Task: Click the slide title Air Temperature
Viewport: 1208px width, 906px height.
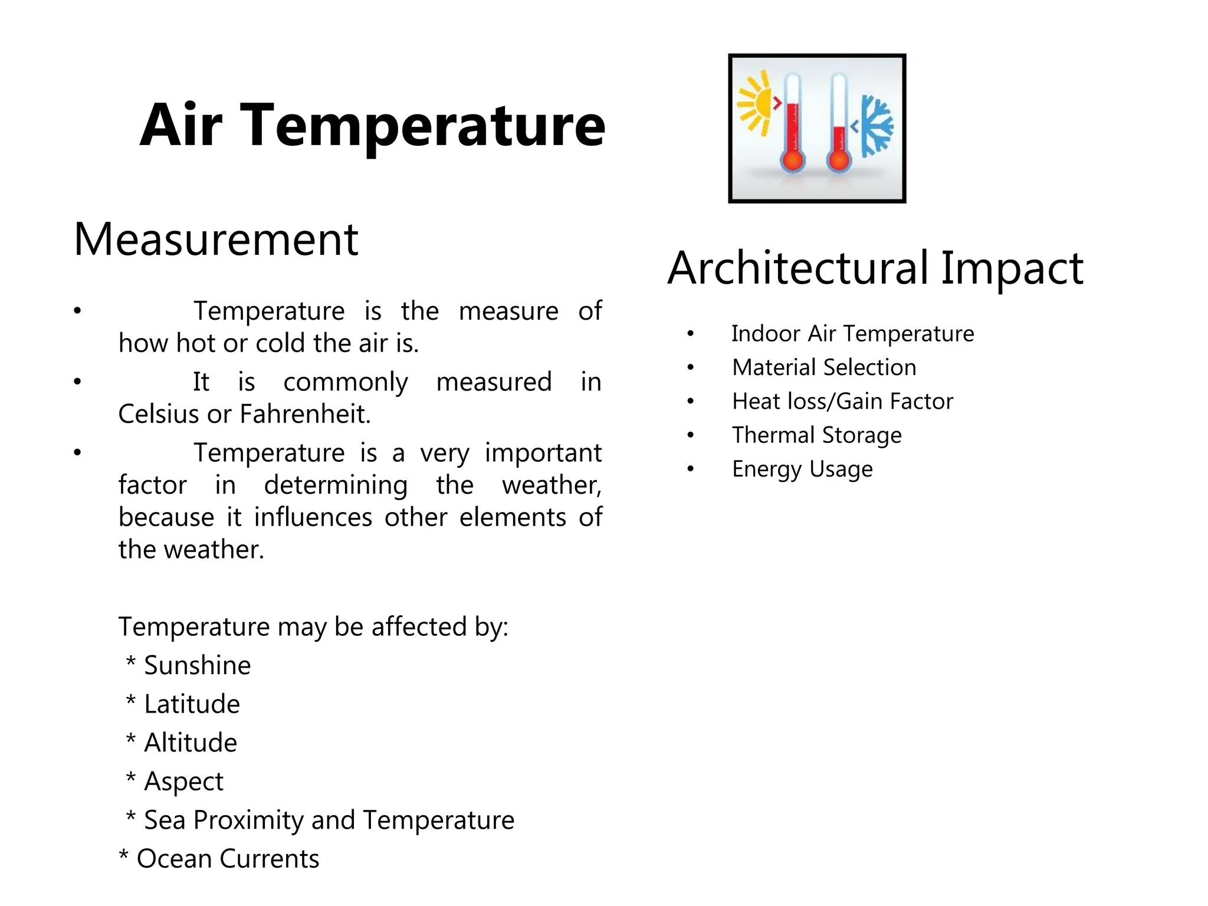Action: pos(372,125)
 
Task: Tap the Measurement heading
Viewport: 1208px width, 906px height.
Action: pos(216,239)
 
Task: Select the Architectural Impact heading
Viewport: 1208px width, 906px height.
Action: pos(875,268)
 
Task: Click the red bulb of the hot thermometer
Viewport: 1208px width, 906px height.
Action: pos(792,160)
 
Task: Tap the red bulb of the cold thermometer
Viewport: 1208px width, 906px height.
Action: pos(838,160)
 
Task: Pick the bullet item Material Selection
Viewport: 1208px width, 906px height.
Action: pos(824,367)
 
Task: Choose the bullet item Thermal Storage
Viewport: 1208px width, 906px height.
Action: pos(816,435)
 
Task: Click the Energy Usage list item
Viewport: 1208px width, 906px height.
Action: pos(802,470)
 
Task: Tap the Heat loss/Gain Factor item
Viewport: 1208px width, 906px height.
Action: pos(842,402)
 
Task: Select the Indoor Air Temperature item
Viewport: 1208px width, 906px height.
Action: pos(852,334)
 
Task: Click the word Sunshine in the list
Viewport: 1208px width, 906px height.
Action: pos(197,665)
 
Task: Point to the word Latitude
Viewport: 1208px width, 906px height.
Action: pos(192,704)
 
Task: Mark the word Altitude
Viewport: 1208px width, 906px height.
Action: pos(190,743)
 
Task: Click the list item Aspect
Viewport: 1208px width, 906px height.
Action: pos(183,782)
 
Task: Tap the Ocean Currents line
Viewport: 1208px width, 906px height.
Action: pos(227,859)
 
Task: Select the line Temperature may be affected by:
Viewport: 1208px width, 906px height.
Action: pos(313,626)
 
